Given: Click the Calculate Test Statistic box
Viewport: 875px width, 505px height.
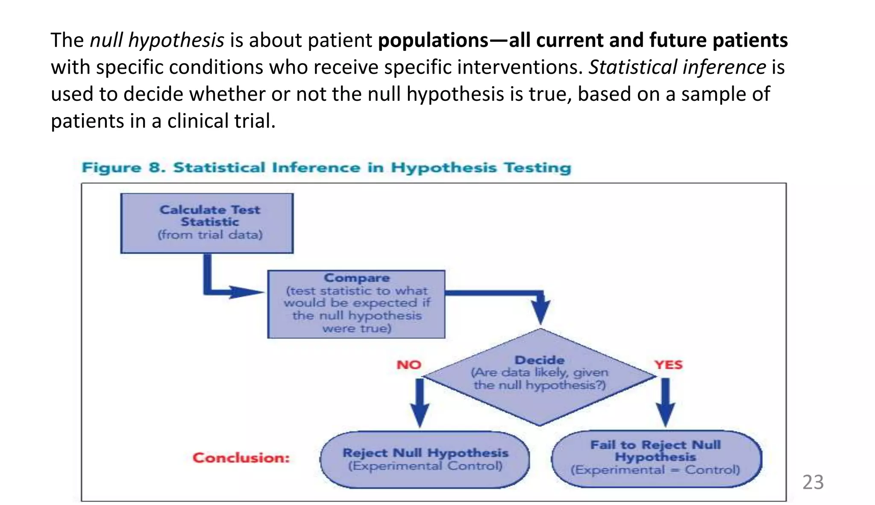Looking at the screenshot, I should click(x=207, y=223).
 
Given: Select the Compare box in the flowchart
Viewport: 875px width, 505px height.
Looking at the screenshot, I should click(x=356, y=304).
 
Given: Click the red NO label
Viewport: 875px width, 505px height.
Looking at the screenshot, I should click(x=408, y=365).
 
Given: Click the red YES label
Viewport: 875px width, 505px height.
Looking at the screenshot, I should click(x=668, y=365).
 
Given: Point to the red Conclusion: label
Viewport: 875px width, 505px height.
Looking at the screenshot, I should click(x=241, y=458).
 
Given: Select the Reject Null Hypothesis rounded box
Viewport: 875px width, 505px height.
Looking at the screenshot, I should click(x=425, y=460).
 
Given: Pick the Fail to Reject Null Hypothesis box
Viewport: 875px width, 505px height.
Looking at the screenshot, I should click(x=656, y=459).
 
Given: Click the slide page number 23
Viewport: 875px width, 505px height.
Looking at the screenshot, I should click(x=813, y=482).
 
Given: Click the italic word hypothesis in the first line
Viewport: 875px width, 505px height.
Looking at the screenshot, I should click(x=176, y=40).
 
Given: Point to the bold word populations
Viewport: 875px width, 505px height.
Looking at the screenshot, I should click(x=433, y=40).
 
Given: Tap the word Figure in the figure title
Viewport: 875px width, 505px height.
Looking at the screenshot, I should click(x=111, y=167).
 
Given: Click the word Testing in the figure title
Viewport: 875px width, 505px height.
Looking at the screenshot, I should click(x=537, y=167).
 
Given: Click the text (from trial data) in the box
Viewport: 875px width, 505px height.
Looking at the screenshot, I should click(x=210, y=235).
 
